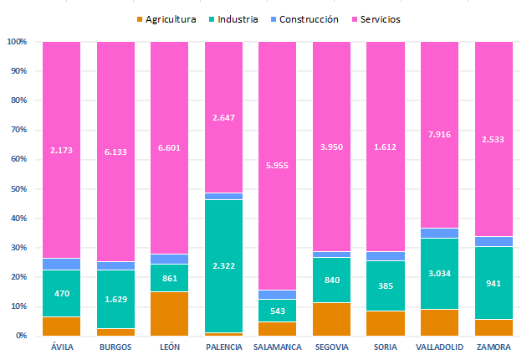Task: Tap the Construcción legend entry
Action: [x=309, y=18]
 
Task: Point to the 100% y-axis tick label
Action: [x=17, y=42]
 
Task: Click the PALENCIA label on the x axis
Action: [x=223, y=347]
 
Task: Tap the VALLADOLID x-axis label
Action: [x=439, y=347]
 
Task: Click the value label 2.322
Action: [x=223, y=266]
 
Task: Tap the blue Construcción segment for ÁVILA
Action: [x=62, y=264]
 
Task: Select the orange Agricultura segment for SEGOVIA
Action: [x=331, y=319]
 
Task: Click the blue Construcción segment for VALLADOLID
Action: [x=439, y=233]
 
